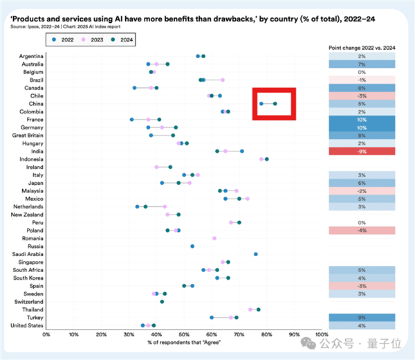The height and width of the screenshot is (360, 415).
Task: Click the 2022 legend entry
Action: click(x=64, y=39)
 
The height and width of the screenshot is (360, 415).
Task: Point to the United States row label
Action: click(x=27, y=325)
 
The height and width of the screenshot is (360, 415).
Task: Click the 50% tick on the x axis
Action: click(x=184, y=334)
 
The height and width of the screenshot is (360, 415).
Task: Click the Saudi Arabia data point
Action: click(x=256, y=254)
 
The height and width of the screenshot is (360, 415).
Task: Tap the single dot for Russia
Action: click(x=192, y=246)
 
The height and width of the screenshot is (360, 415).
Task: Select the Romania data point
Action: click(x=214, y=237)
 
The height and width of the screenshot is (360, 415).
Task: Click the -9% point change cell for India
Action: click(x=361, y=151)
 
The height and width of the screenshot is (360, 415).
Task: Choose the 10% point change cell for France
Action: click(x=361, y=119)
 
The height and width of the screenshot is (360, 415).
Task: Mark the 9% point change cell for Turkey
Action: click(x=361, y=317)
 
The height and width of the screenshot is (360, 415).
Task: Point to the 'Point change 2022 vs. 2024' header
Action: click(x=362, y=46)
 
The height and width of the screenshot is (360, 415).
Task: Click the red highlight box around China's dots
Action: click(x=274, y=104)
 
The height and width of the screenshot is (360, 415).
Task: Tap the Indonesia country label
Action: click(x=30, y=159)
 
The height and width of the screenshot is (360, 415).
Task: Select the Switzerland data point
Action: click(x=162, y=301)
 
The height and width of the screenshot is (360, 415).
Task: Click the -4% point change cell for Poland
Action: click(x=361, y=230)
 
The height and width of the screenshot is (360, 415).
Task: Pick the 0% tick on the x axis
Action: click(x=46, y=334)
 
